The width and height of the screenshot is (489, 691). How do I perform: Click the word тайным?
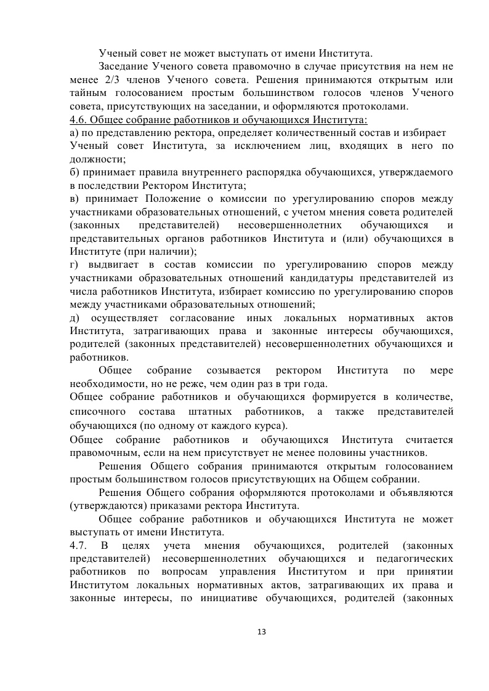(89, 92)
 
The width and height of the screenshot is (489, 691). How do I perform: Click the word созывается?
(227, 371)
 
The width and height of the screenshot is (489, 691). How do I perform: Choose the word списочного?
(98, 411)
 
